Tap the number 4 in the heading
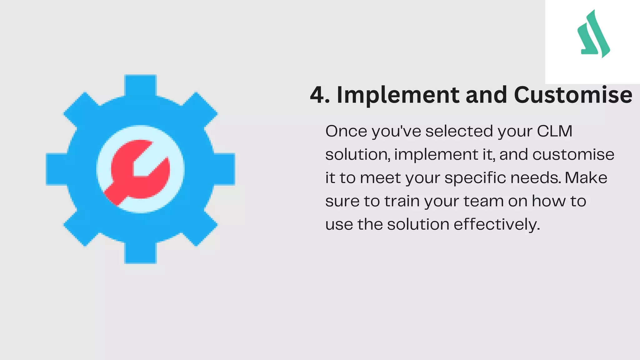318,95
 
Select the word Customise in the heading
573,95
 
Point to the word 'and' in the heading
486,95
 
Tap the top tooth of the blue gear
140,85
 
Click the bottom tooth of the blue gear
140,253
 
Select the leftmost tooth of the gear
56,169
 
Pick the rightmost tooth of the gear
224,169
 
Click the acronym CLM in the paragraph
555,131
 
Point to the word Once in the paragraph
346,131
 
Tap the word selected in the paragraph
459,131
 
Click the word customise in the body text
573,155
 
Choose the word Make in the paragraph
586,178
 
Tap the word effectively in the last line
497,225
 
